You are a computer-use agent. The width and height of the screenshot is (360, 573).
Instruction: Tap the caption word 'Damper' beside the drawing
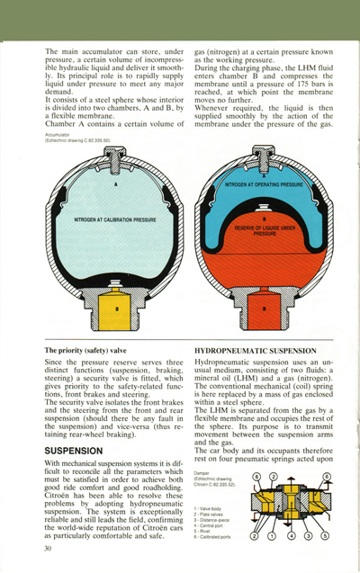tap(202, 471)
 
